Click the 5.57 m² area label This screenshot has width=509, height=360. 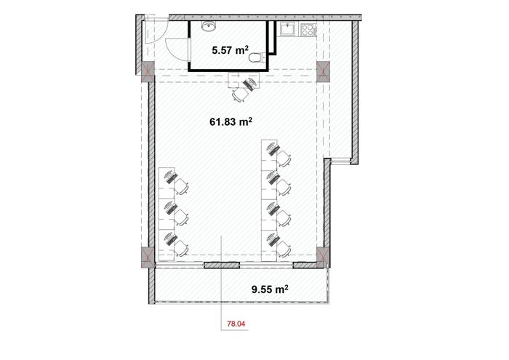coord(231,50)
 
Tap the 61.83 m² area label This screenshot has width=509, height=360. coord(231,121)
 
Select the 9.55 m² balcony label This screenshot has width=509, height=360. coord(270,289)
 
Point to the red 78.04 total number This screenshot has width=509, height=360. coord(236,324)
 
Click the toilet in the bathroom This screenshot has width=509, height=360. coord(257,57)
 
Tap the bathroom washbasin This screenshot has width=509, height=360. coord(209,26)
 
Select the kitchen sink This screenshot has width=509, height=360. coord(287,29)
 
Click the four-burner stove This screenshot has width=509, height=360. coord(309,30)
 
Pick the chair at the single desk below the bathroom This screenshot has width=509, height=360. coord(241,94)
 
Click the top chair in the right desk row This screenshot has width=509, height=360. coord(283,159)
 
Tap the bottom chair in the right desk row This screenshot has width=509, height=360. coord(283,249)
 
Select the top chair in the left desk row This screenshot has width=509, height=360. coord(181,186)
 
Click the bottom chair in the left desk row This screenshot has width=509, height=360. coord(181,248)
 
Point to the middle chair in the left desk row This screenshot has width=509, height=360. coord(181,217)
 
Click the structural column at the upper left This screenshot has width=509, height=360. coord(148,71)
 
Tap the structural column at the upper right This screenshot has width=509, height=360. coord(324,71)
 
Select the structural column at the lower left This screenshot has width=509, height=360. coord(148,257)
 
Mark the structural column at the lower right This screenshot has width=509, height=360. coord(324,257)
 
